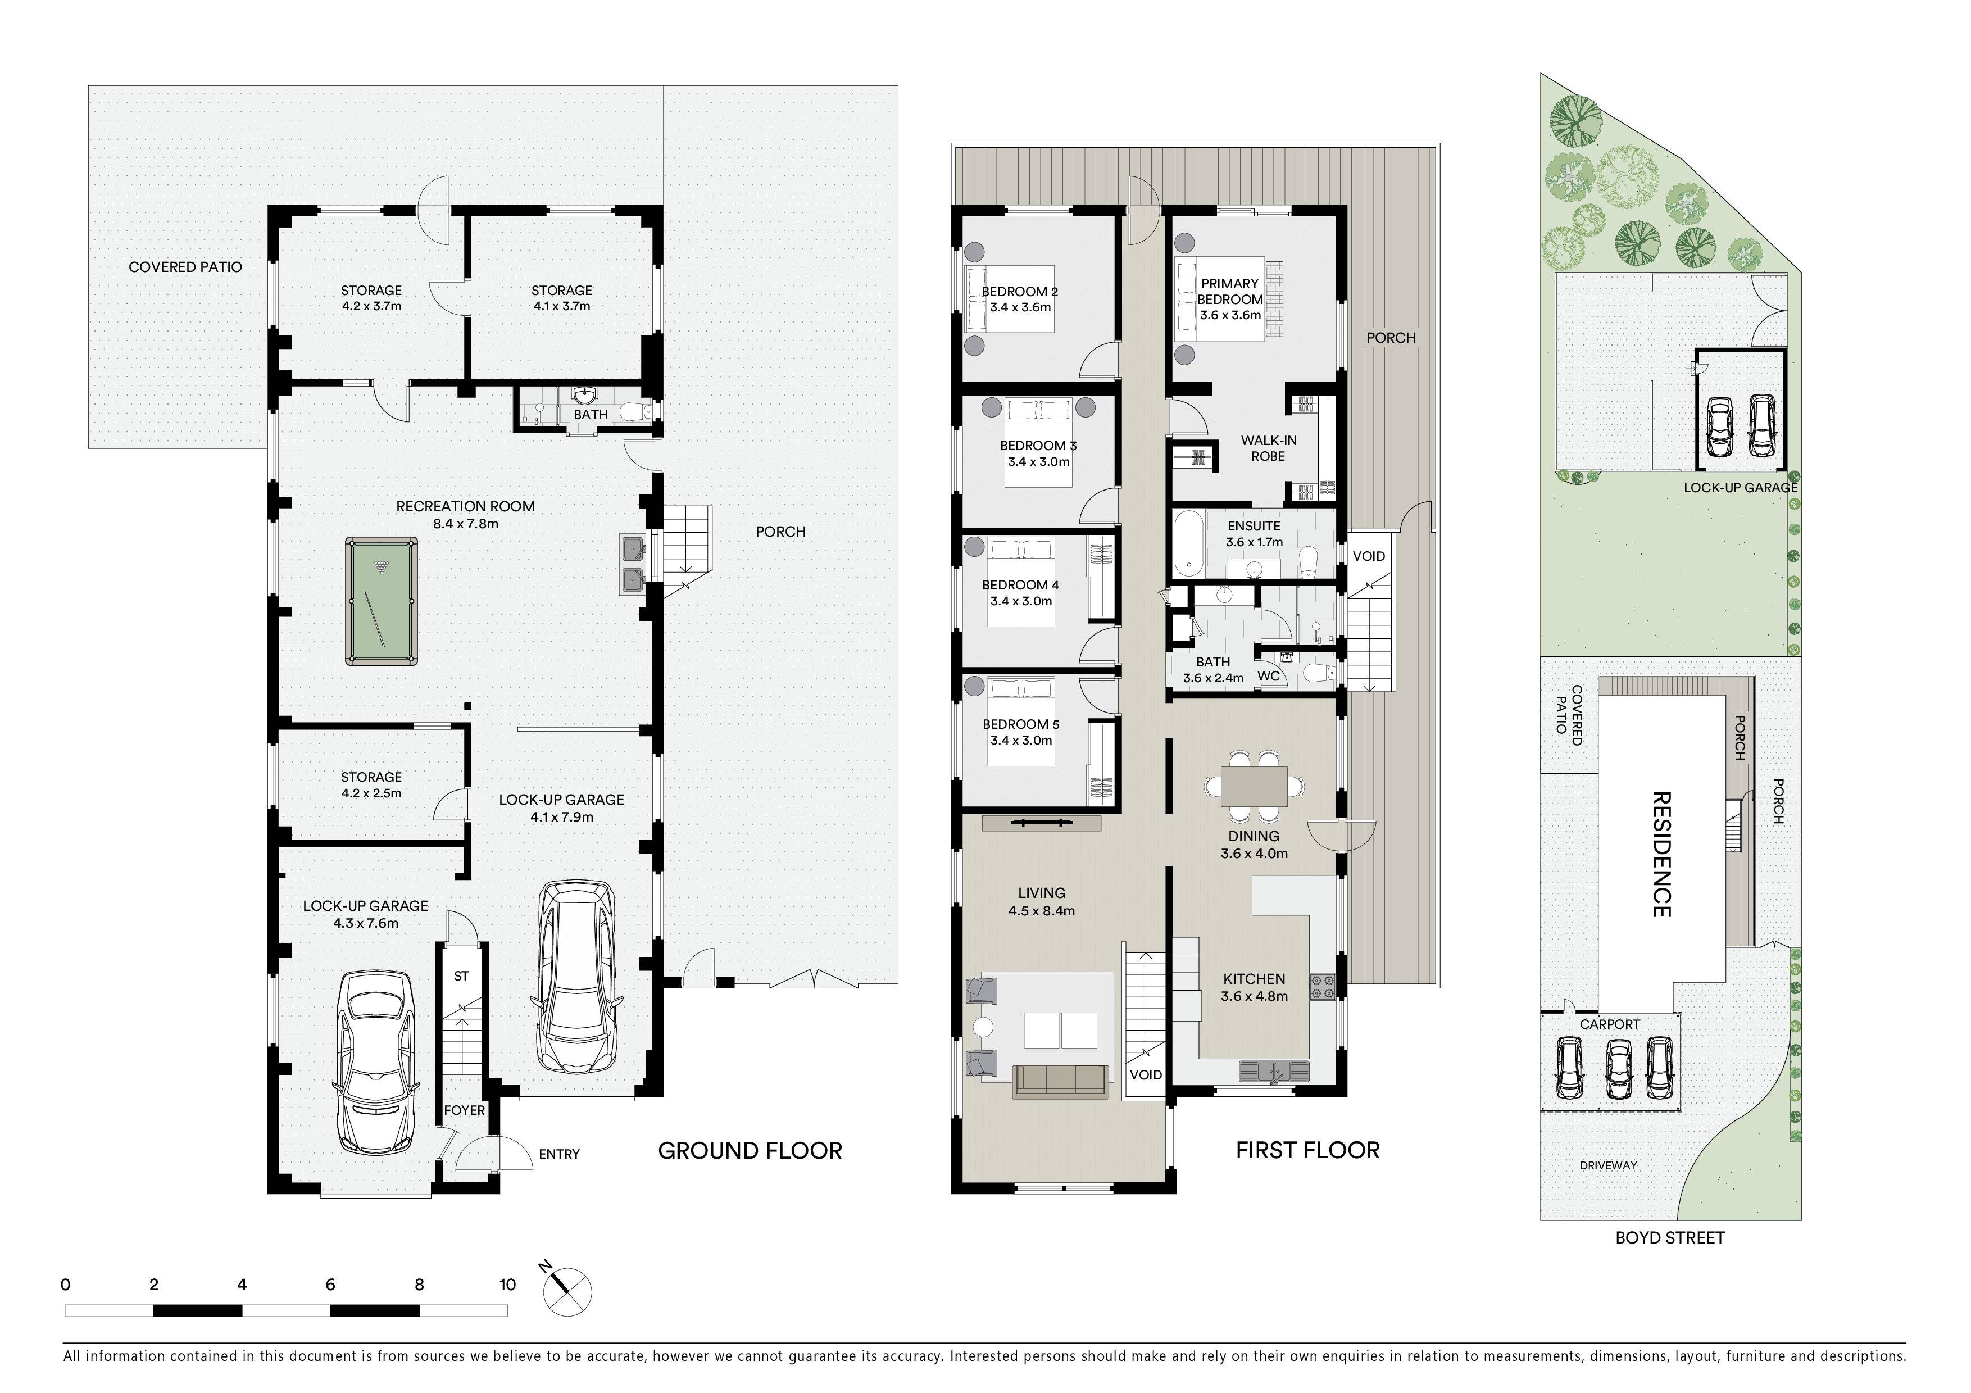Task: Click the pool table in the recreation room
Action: (382, 601)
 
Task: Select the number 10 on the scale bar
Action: (507, 1285)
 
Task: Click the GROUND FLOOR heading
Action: (750, 1151)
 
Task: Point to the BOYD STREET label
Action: (1670, 1238)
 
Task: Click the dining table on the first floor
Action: (1254, 786)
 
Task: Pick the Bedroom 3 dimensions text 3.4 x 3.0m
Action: (1039, 462)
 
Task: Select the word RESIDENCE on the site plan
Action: (1662, 854)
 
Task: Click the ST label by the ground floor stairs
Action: (462, 976)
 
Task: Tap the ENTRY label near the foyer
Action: (560, 1154)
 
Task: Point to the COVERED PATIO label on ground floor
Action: (185, 267)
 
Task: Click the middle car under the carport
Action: (1618, 1069)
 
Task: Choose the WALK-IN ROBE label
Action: (1268, 448)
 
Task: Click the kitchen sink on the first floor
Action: (1274, 1070)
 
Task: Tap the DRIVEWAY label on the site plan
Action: (1608, 1165)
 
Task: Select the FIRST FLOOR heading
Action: (1307, 1151)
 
